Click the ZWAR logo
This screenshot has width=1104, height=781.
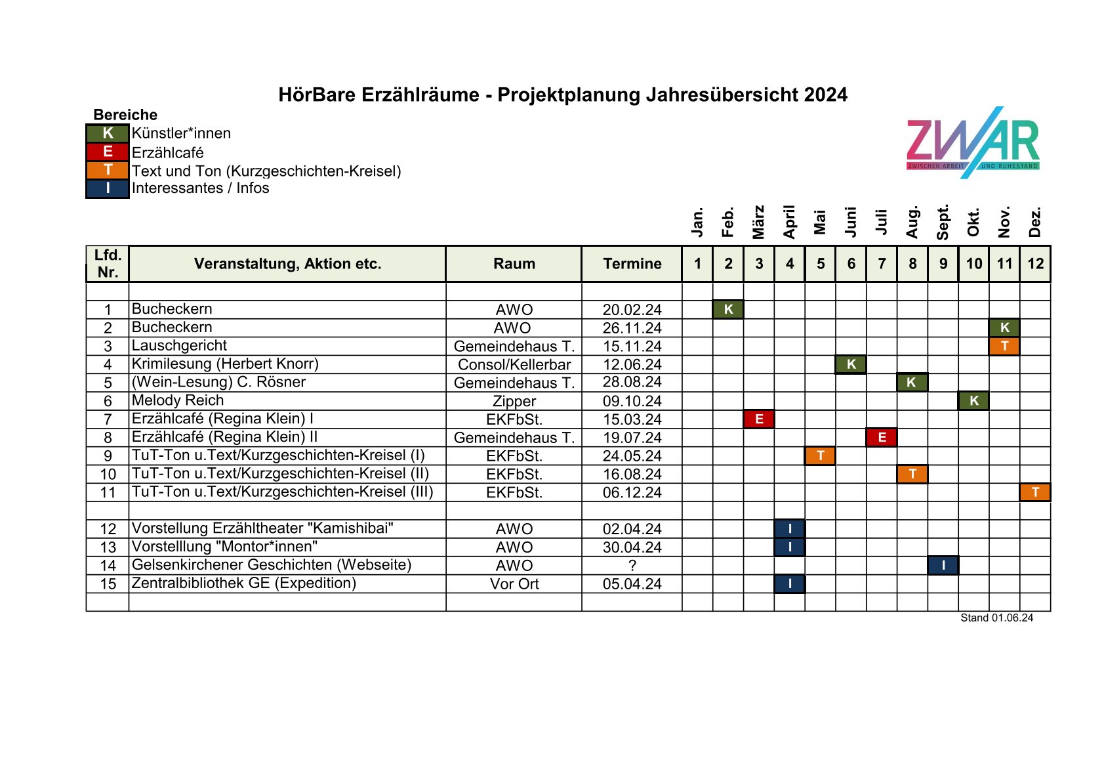(973, 142)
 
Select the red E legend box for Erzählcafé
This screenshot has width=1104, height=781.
(108, 152)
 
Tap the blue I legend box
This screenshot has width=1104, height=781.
(108, 188)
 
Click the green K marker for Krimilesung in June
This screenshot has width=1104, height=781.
(851, 364)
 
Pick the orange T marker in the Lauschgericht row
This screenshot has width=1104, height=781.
(1004, 346)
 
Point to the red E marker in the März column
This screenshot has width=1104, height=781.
(759, 419)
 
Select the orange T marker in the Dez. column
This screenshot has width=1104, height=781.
(1035, 492)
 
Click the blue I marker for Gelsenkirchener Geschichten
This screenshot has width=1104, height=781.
(943, 565)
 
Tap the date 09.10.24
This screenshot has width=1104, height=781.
(632, 401)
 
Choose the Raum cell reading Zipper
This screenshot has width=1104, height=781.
(514, 401)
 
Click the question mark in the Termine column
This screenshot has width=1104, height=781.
(632, 565)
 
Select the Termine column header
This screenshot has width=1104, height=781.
(632, 264)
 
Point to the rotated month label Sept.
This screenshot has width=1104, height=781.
(943, 222)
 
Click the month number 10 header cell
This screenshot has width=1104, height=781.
(973, 264)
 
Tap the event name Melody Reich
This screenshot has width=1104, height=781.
(178, 400)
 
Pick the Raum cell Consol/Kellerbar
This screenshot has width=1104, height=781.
(514, 364)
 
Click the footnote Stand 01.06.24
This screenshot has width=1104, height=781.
(996, 618)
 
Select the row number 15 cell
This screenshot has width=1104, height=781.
(108, 583)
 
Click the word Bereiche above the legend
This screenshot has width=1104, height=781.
(125, 115)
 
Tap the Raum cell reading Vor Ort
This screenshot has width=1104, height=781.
(514, 583)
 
